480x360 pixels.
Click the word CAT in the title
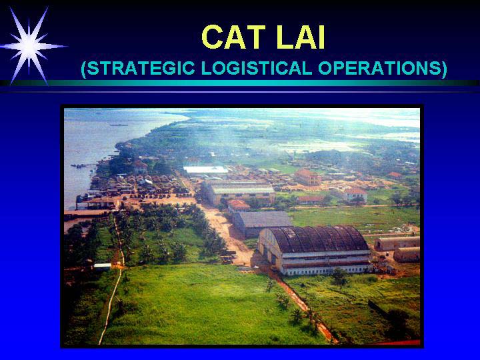tap(233, 37)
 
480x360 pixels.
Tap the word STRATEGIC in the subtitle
tap(141, 68)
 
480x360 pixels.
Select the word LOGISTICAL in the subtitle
tap(257, 68)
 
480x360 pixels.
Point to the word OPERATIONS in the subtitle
tap(379, 68)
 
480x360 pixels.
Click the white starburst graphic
tap(30, 46)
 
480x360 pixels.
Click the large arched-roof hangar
tap(314, 249)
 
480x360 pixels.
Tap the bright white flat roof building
tap(206, 169)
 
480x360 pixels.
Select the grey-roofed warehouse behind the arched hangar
tap(262, 223)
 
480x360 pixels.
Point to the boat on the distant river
tap(119, 125)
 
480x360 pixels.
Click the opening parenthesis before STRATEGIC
tap(83, 69)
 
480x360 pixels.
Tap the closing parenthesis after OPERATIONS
tap(444, 69)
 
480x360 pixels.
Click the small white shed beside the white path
tap(103, 266)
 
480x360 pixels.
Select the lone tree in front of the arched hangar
tap(339, 277)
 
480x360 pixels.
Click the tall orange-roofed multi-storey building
tap(307, 177)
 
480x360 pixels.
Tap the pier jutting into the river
tap(83, 166)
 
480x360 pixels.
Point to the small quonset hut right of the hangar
tap(407, 255)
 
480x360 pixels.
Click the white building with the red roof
tap(355, 195)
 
